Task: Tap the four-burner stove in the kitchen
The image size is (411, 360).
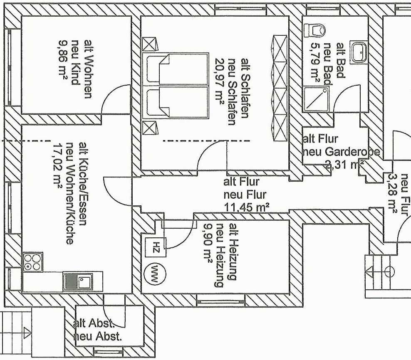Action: click(32, 262)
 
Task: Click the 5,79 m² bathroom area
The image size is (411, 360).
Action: click(315, 64)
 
